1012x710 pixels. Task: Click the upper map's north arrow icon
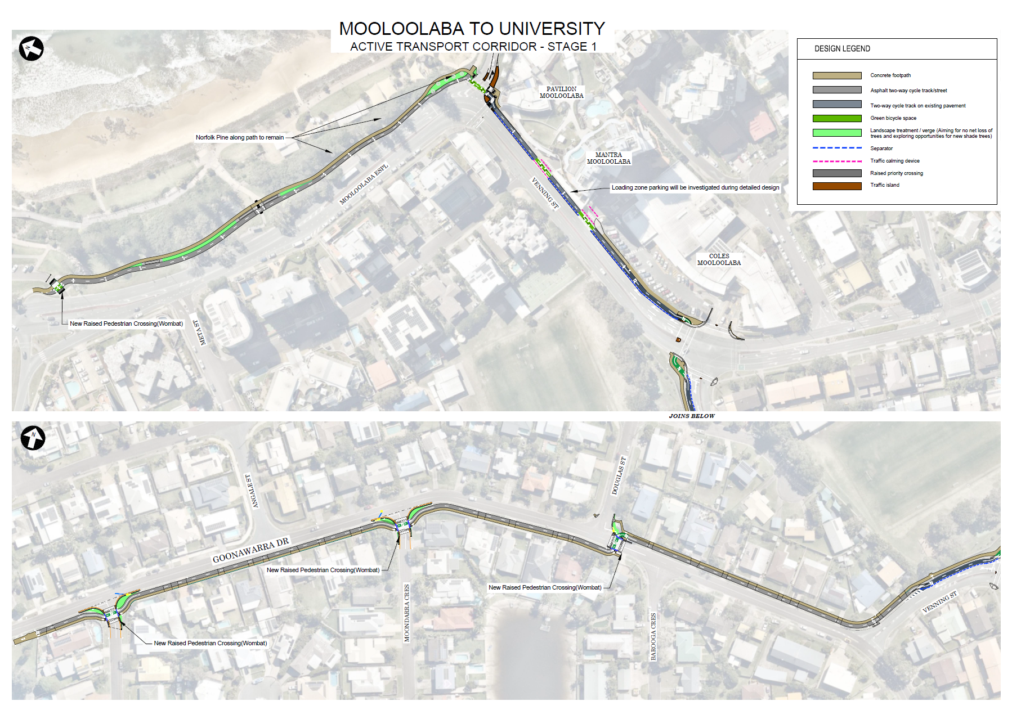(32, 48)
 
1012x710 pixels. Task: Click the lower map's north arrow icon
(33, 438)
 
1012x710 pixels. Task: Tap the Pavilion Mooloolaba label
(561, 92)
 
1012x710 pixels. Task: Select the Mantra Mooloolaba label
(608, 158)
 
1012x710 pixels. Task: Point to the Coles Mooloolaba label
(719, 259)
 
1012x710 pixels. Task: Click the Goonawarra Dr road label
(250, 550)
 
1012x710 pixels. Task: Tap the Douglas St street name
(619, 476)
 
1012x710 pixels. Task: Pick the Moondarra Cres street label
(407, 613)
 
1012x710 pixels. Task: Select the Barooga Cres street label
(653, 636)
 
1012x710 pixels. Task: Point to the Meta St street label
(199, 332)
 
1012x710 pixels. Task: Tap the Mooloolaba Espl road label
(364, 185)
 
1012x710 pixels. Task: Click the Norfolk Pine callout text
(240, 137)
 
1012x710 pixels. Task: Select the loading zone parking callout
(695, 187)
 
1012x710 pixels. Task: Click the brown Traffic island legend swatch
(836, 186)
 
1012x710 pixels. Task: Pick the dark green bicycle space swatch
(836, 118)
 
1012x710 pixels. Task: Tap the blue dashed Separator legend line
(836, 148)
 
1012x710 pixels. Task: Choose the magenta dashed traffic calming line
(836, 161)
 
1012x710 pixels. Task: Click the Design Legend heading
(842, 49)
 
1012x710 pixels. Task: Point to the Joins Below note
(692, 416)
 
